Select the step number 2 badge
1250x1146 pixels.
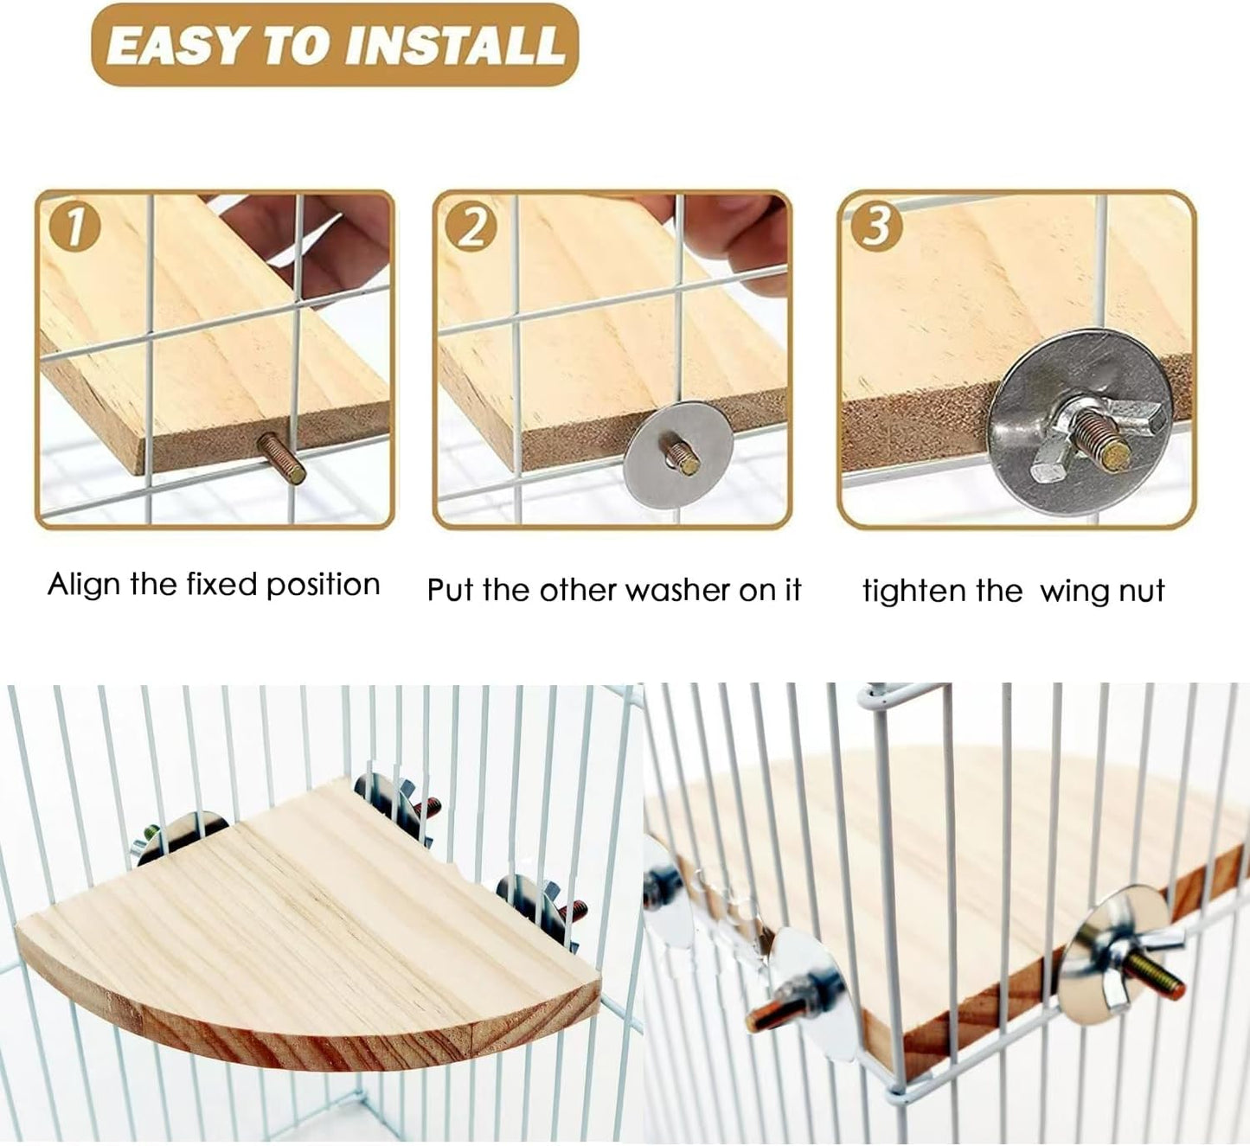pos(471,228)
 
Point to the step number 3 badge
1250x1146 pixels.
pos(875,227)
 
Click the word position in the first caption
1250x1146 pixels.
pos(323,586)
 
